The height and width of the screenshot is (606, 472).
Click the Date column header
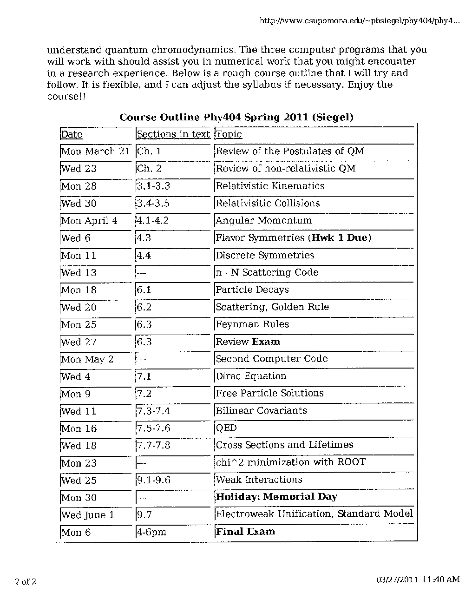click(x=72, y=134)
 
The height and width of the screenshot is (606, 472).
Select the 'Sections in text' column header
click(x=173, y=134)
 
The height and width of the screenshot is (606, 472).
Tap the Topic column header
click(x=229, y=134)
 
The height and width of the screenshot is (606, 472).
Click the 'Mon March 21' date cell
click(x=96, y=151)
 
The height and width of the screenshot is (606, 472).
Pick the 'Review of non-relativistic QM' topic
click(x=285, y=168)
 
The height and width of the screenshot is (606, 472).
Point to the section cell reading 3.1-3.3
click(x=153, y=186)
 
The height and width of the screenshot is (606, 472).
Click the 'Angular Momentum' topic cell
click(x=263, y=220)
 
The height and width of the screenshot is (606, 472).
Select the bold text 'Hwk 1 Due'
click(x=341, y=237)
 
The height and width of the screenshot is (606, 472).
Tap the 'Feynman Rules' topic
click(x=252, y=324)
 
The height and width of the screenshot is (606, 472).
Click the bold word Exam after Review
click(x=266, y=342)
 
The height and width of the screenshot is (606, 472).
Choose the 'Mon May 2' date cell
click(x=87, y=359)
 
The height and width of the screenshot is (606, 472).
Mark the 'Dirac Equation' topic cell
click(x=251, y=376)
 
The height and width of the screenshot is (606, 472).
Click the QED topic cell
click(x=226, y=428)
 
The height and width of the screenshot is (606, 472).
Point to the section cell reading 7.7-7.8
click(x=153, y=445)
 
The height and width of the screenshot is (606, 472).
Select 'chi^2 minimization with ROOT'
click(x=290, y=462)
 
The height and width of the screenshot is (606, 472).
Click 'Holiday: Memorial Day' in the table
click(x=276, y=496)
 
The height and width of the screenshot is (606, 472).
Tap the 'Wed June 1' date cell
click(x=88, y=515)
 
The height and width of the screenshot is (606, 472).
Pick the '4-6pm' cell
click(x=151, y=532)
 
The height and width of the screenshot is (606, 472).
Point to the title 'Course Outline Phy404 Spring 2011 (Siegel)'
click(x=236, y=117)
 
